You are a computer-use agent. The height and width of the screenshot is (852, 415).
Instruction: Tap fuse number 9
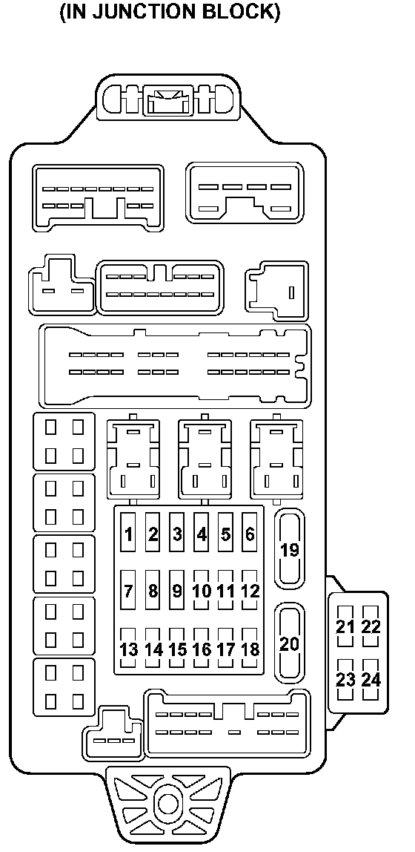[x=177, y=590]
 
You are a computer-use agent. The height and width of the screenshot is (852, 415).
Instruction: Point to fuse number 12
[x=250, y=590]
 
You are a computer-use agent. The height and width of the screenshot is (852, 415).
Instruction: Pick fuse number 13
[x=128, y=648]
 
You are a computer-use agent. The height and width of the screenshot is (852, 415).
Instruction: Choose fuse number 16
[x=202, y=648]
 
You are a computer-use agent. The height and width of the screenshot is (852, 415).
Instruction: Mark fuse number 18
[x=250, y=648]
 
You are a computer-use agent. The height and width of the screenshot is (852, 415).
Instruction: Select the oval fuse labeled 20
[x=290, y=643]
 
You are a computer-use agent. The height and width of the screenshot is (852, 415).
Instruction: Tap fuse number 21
[x=345, y=626]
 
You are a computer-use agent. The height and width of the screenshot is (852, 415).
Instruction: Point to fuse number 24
[x=371, y=679]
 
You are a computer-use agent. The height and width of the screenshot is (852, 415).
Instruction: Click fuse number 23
[x=345, y=679]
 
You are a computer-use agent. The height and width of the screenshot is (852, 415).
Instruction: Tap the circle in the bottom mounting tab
[x=167, y=804]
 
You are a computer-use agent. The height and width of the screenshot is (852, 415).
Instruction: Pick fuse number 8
[x=153, y=590]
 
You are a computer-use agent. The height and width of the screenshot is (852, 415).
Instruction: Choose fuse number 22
[x=371, y=626]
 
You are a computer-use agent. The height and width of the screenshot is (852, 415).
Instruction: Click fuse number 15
[x=177, y=648]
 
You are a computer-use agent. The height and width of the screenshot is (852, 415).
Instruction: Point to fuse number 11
[x=226, y=590]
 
